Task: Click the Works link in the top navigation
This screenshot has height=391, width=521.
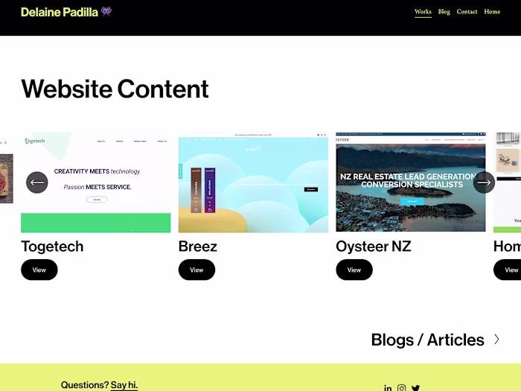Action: tap(423, 12)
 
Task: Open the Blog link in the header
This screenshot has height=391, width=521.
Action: tap(444, 12)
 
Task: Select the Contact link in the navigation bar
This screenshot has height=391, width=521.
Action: tap(467, 12)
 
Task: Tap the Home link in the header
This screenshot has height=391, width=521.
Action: tap(492, 12)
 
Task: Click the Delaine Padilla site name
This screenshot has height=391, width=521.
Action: tap(60, 12)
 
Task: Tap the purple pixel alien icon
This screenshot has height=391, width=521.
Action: tap(106, 11)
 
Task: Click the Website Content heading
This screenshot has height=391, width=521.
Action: tap(115, 89)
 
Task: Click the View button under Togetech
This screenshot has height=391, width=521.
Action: tap(39, 270)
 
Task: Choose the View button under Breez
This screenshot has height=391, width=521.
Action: tap(196, 270)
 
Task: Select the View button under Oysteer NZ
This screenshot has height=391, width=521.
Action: tap(354, 270)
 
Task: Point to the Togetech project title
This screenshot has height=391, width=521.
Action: tap(52, 246)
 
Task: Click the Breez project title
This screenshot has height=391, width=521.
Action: tap(197, 246)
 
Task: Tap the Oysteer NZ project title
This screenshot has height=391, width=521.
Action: tap(373, 246)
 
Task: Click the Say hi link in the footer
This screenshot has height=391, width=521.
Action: tap(124, 385)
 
